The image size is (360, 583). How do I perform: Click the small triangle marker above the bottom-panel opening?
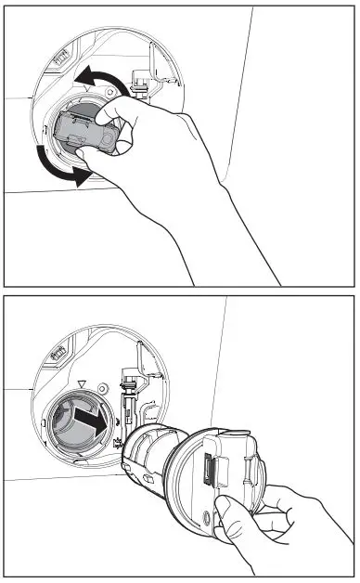[x=82, y=382]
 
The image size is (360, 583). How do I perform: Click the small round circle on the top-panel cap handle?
[x=108, y=141]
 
